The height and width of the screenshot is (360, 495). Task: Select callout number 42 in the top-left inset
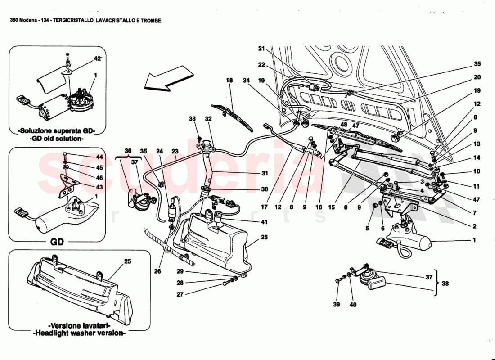(98, 58)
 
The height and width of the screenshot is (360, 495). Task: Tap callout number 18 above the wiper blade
(229, 80)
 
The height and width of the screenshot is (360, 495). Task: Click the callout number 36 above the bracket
(128, 151)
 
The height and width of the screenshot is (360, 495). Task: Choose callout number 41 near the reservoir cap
(252, 222)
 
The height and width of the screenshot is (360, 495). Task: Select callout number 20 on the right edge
(477, 77)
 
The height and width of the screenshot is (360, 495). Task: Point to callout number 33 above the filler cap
(193, 119)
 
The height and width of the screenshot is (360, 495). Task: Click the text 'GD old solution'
(57, 139)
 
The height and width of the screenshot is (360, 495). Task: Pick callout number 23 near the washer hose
(175, 152)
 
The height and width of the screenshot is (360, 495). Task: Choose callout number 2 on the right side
(474, 227)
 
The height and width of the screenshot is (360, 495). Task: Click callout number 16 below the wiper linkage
(319, 207)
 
